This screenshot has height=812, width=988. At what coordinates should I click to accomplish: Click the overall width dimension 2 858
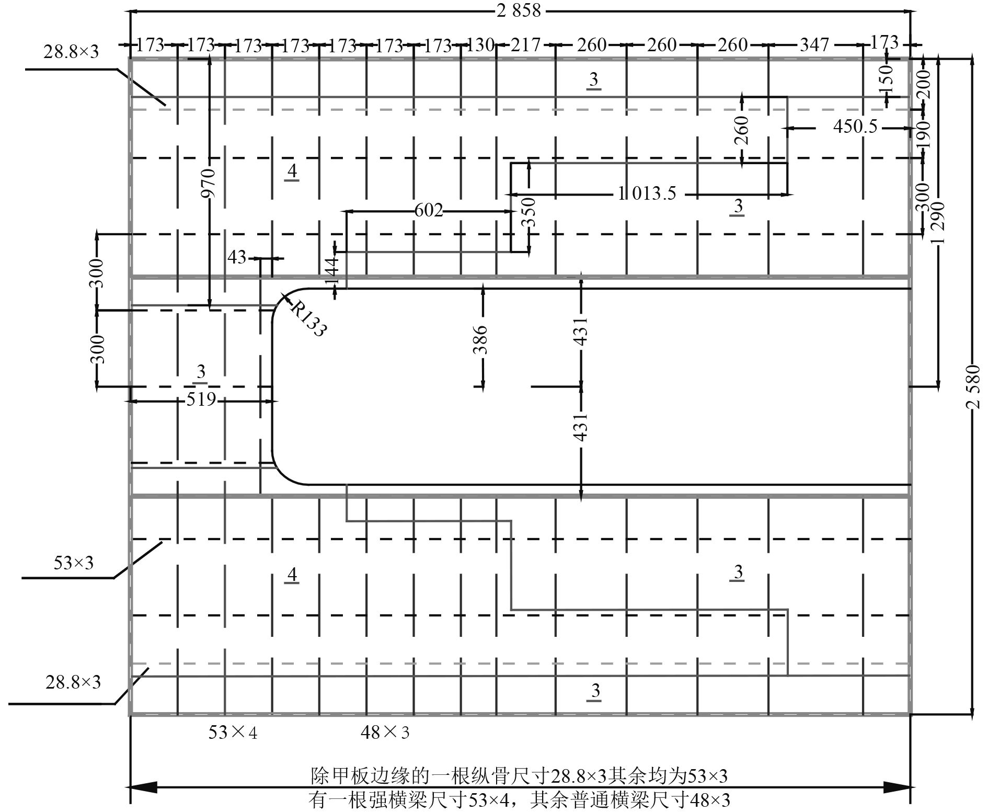pyautogui.click(x=519, y=10)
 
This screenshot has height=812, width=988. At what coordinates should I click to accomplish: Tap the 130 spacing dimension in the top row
pyautogui.click(x=479, y=45)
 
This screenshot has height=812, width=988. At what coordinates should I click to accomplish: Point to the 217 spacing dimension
pyautogui.click(x=525, y=45)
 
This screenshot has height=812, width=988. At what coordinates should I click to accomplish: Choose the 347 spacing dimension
pyautogui.click(x=814, y=45)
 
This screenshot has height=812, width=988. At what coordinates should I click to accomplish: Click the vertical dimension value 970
pyautogui.click(x=209, y=183)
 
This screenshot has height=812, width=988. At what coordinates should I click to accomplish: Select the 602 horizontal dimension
pyautogui.click(x=429, y=211)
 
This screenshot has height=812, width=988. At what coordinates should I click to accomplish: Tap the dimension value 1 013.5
pyautogui.click(x=647, y=194)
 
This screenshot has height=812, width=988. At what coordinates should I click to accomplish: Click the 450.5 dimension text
pyautogui.click(x=855, y=127)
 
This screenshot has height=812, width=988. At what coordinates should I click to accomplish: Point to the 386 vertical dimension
pyautogui.click(x=481, y=339)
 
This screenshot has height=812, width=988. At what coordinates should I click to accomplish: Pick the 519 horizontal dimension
pyautogui.click(x=201, y=399)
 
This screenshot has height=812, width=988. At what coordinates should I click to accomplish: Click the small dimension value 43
pyautogui.click(x=237, y=257)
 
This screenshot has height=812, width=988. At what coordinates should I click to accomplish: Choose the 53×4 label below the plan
pyautogui.click(x=233, y=733)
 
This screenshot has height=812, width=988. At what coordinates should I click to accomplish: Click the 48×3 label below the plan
pyautogui.click(x=385, y=733)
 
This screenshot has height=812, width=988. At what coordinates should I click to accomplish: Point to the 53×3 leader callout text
pyautogui.click(x=73, y=563)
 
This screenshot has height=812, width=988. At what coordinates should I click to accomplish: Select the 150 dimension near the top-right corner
pyautogui.click(x=887, y=77)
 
